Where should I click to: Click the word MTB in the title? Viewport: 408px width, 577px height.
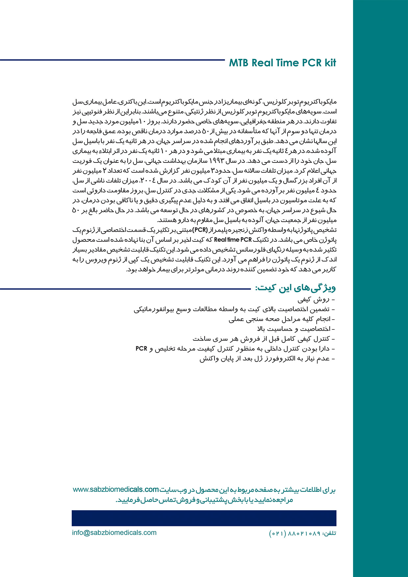[x=239, y=63]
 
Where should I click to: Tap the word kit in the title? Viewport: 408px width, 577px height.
[x=330, y=63]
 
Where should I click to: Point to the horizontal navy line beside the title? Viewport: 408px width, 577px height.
[x=112, y=60]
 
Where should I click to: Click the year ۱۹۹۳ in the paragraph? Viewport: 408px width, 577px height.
[x=217, y=161]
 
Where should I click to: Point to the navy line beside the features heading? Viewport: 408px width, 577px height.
[x=125, y=289]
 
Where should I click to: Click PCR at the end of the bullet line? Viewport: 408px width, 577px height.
[x=141, y=349]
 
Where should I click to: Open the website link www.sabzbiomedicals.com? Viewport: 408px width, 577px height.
[x=116, y=490]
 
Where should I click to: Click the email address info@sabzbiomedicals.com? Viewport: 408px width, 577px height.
[x=114, y=533]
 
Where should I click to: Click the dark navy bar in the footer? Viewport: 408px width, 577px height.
[x=204, y=518]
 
